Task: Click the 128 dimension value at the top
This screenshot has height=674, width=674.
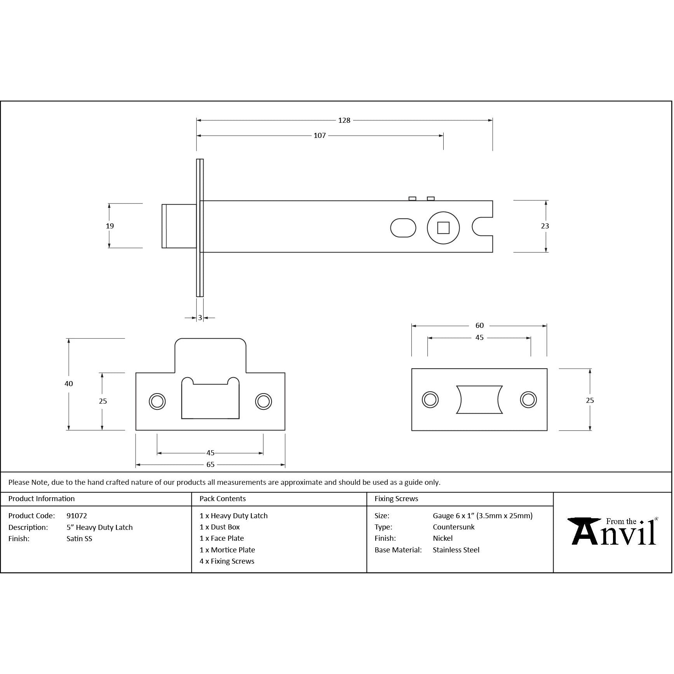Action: (x=344, y=120)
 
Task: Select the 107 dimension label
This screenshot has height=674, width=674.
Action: (x=319, y=136)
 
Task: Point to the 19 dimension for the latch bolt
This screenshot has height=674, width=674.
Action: (x=110, y=226)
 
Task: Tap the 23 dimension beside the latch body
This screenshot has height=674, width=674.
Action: (x=545, y=226)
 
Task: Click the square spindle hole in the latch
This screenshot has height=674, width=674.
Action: (x=443, y=228)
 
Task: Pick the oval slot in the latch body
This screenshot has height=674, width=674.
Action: (x=403, y=228)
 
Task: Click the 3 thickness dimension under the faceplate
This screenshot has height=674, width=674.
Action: (x=200, y=318)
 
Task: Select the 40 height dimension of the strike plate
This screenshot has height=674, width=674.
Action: (x=69, y=383)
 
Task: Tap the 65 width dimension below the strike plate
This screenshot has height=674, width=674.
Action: (x=210, y=465)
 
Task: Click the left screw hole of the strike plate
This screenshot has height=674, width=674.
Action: (x=157, y=401)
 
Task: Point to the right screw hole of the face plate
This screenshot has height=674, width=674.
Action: (x=528, y=399)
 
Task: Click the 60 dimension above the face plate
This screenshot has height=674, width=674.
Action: (x=479, y=326)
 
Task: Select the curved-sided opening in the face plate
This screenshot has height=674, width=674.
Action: (x=479, y=399)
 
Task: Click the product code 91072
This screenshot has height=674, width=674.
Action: (x=77, y=516)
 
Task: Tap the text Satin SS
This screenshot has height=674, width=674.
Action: (x=79, y=539)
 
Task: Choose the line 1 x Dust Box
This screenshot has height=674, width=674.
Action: (x=219, y=527)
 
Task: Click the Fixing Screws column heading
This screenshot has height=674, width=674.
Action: (x=396, y=499)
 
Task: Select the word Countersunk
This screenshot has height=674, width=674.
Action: (x=453, y=527)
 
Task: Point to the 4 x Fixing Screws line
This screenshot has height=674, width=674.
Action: (x=227, y=561)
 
